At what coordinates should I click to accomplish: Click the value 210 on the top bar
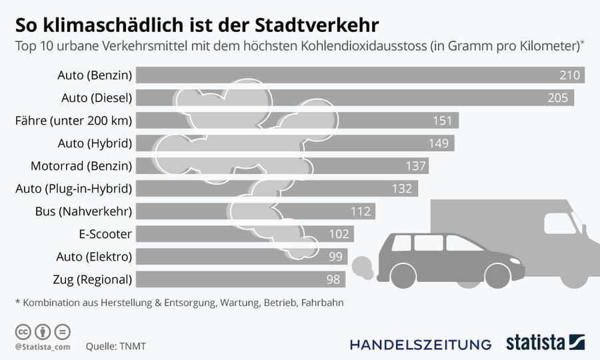tap(570, 75)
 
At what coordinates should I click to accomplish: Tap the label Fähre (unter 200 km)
tap(74, 121)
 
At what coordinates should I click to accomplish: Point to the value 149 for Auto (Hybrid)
tap(441, 143)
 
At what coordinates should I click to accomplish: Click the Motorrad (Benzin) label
tap(81, 166)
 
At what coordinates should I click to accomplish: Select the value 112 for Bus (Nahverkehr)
tap(361, 211)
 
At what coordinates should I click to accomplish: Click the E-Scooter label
tap(105, 234)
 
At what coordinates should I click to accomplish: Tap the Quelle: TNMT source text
tap(115, 347)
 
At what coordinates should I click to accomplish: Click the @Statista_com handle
tap(42, 347)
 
